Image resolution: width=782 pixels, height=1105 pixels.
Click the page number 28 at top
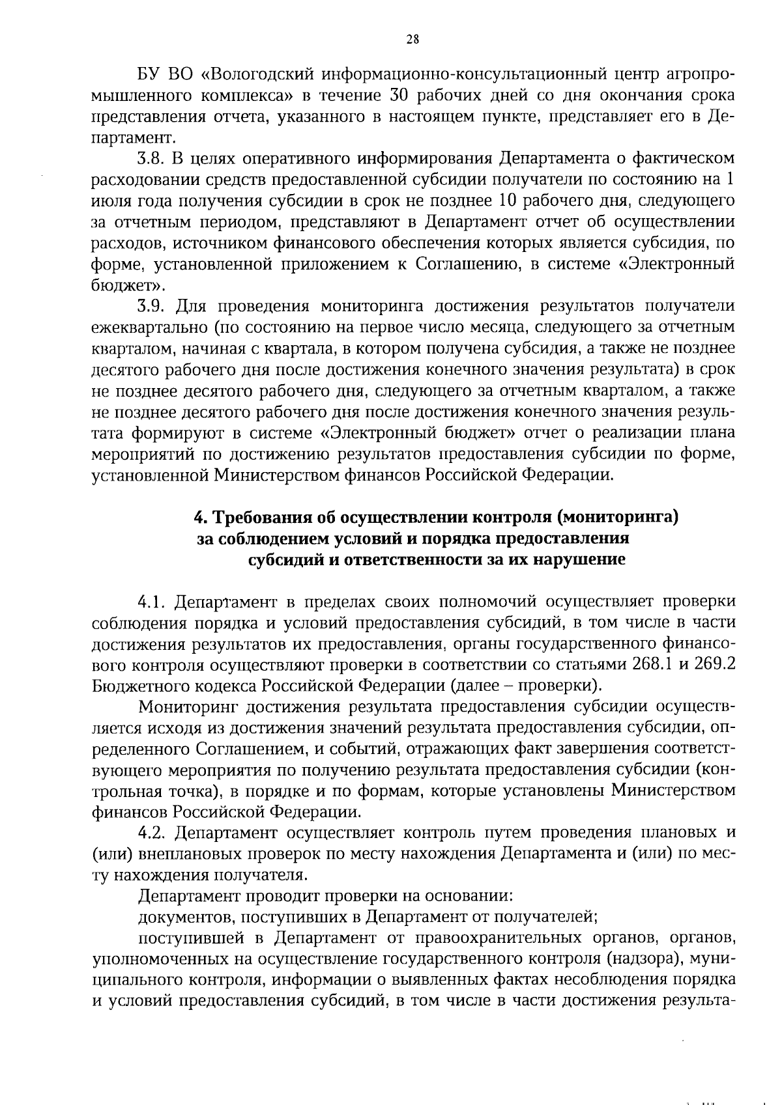(413, 40)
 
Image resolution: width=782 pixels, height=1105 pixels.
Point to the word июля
(110, 201)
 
